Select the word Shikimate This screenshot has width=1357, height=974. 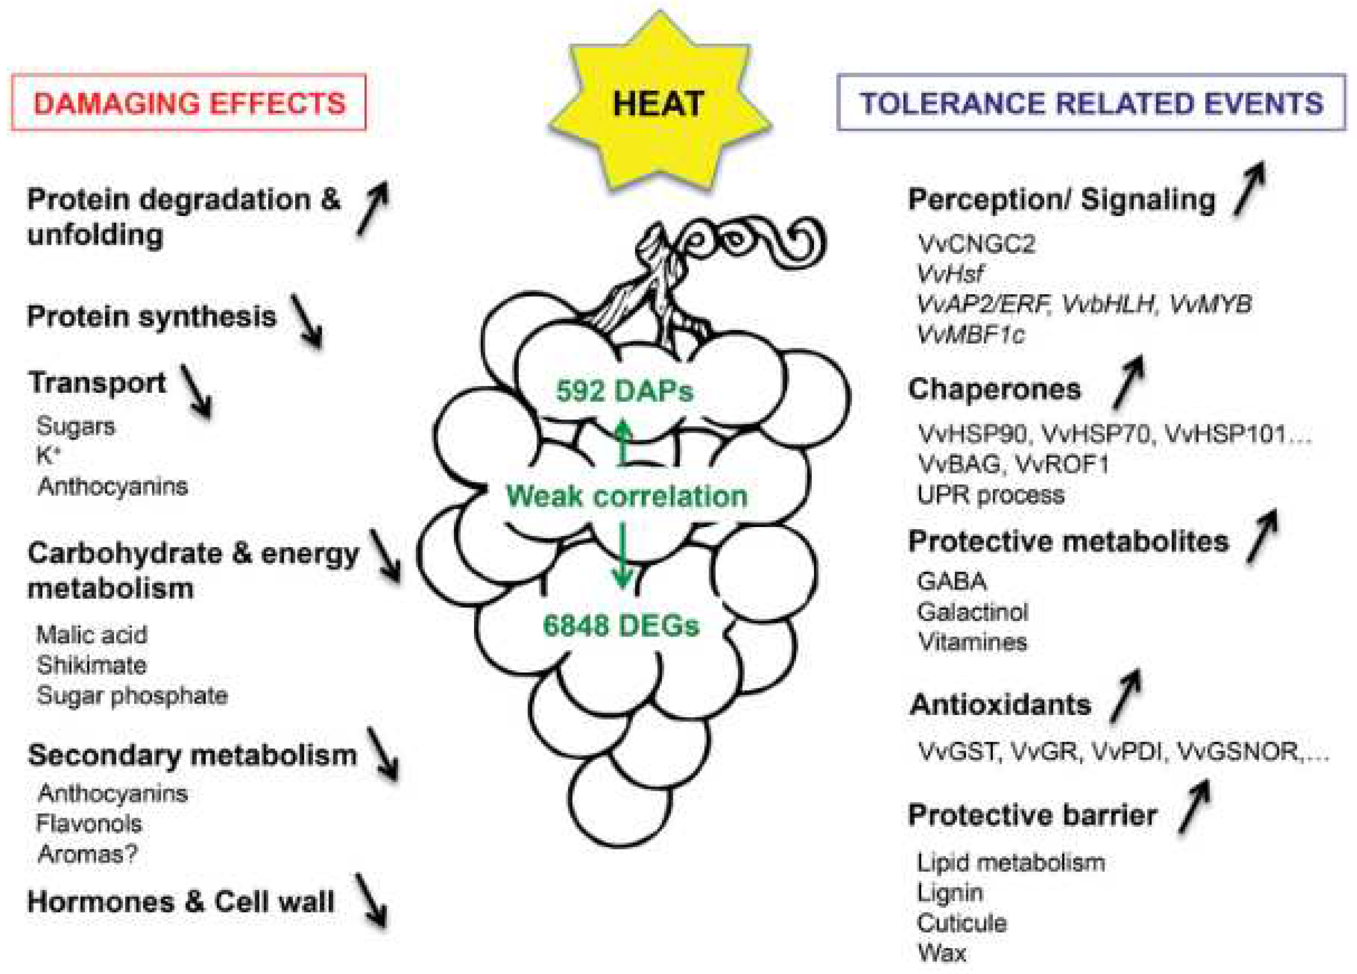click(x=92, y=665)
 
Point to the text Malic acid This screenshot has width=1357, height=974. click(x=92, y=635)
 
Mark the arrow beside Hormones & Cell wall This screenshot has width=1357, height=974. click(x=371, y=900)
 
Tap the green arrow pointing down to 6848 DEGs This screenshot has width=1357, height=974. click(x=622, y=557)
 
